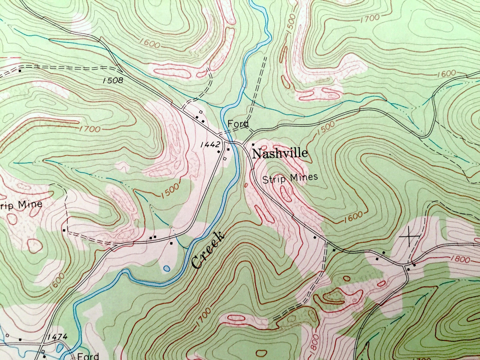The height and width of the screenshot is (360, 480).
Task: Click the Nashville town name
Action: [x=280, y=153]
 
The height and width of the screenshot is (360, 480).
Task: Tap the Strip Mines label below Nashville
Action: [x=290, y=178]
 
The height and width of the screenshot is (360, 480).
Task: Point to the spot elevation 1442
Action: [x=210, y=144]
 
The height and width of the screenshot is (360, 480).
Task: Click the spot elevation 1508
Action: [x=113, y=80]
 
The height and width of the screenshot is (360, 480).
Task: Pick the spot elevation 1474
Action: [x=57, y=337]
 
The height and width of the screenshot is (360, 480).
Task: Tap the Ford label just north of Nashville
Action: [x=238, y=124]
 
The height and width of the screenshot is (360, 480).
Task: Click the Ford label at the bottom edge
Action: [x=88, y=356]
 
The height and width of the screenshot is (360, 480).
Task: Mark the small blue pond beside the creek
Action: [x=166, y=268]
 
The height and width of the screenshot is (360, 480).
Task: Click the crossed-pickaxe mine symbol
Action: [x=409, y=237]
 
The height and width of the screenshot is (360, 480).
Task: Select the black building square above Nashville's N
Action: [x=253, y=144]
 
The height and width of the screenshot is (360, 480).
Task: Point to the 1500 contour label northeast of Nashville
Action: [x=326, y=127]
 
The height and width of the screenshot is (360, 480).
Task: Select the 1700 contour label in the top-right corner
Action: [x=370, y=18]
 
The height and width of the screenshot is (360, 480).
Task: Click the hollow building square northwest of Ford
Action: [x=201, y=112]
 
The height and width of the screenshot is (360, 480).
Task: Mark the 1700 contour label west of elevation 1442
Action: [x=89, y=129]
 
